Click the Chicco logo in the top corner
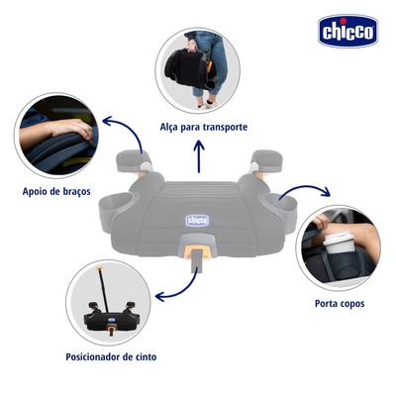(347, 31)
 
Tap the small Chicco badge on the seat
(197, 220)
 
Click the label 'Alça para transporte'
(204, 127)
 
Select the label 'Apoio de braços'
(56, 191)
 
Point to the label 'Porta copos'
(340, 303)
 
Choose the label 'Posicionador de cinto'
(111, 356)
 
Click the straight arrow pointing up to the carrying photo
(199, 156)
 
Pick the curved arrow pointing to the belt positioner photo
(185, 290)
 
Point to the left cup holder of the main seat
(116, 205)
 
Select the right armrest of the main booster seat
(267, 160)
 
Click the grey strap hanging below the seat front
(197, 260)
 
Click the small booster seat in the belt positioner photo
(112, 316)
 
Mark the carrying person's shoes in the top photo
(206, 104)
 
